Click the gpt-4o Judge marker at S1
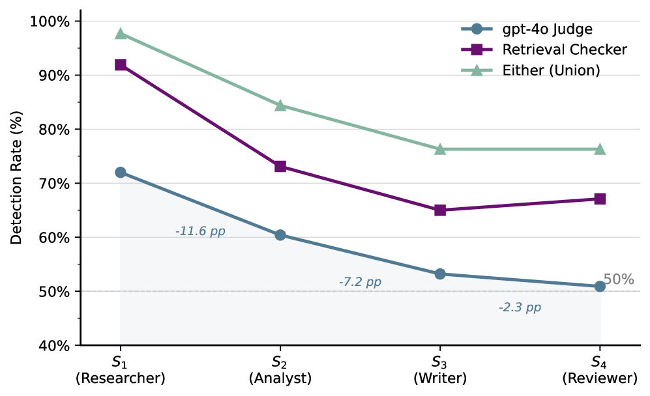tap(120, 173)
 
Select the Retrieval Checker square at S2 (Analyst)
tap(280, 167)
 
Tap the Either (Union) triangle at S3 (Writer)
tap(440, 149)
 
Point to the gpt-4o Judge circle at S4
tap(600, 286)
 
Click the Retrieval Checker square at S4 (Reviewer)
tap(600, 199)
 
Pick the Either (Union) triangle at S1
tap(120, 34)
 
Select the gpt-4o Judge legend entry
tap(527, 29)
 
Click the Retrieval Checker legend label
tap(565, 49)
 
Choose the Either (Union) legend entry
tap(531, 70)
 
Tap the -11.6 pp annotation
tap(200, 231)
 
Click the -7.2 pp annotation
tap(360, 282)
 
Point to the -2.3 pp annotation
tap(520, 307)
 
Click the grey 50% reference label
tap(619, 279)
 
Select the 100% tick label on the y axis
tap(50, 21)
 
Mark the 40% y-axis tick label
tap(54, 345)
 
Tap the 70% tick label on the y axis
tap(54, 184)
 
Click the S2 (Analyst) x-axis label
tap(280, 370)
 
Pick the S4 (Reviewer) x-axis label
tap(600, 370)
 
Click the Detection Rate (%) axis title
tap(16, 178)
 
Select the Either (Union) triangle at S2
tap(280, 106)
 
